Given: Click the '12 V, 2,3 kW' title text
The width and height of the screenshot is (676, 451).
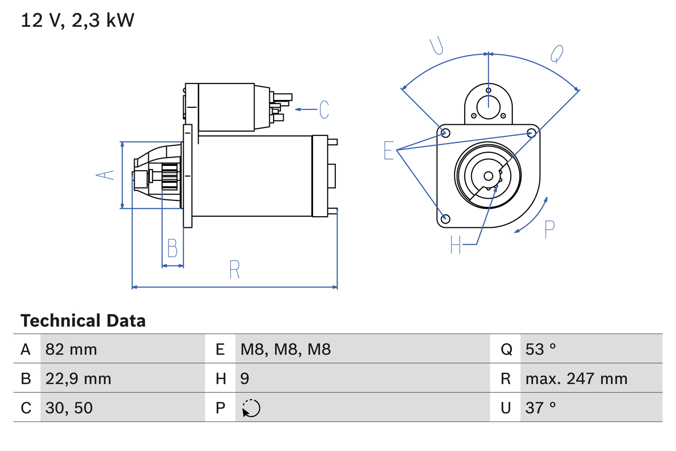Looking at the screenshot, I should point(78,21).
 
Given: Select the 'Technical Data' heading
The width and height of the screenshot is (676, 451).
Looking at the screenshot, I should point(83,320).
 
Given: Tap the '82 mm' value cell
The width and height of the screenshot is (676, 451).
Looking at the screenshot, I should point(71,349).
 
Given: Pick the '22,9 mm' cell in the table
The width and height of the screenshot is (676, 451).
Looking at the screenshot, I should point(78,379).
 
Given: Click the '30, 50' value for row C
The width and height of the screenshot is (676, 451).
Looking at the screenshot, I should point(69,408).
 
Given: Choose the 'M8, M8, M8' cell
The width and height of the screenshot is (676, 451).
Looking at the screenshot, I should point(286,349).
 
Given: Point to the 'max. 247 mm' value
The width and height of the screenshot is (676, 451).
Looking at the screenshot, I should point(576,379).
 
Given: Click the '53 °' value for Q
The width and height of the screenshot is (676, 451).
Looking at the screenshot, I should point(541,349).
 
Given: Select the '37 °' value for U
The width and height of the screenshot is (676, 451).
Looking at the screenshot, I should point(541,408).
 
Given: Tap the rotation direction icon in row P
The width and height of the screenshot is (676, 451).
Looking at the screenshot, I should point(251,408).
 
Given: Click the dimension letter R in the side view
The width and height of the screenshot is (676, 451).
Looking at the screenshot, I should point(234,270).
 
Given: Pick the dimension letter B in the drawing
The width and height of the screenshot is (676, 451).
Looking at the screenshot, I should point(172,248).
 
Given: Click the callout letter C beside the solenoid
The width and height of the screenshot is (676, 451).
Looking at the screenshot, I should point(324,109).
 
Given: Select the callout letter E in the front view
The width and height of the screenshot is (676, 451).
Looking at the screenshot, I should point(389,151).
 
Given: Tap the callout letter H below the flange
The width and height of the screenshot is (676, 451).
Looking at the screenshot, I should point(456,244).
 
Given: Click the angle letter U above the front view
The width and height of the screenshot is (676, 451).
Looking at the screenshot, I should point(436,46).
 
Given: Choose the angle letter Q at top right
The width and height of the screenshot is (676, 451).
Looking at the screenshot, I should point(557,53).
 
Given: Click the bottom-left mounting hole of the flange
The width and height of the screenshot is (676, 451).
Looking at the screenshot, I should point(445,218).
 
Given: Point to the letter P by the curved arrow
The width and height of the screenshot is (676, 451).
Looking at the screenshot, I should point(549,229).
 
